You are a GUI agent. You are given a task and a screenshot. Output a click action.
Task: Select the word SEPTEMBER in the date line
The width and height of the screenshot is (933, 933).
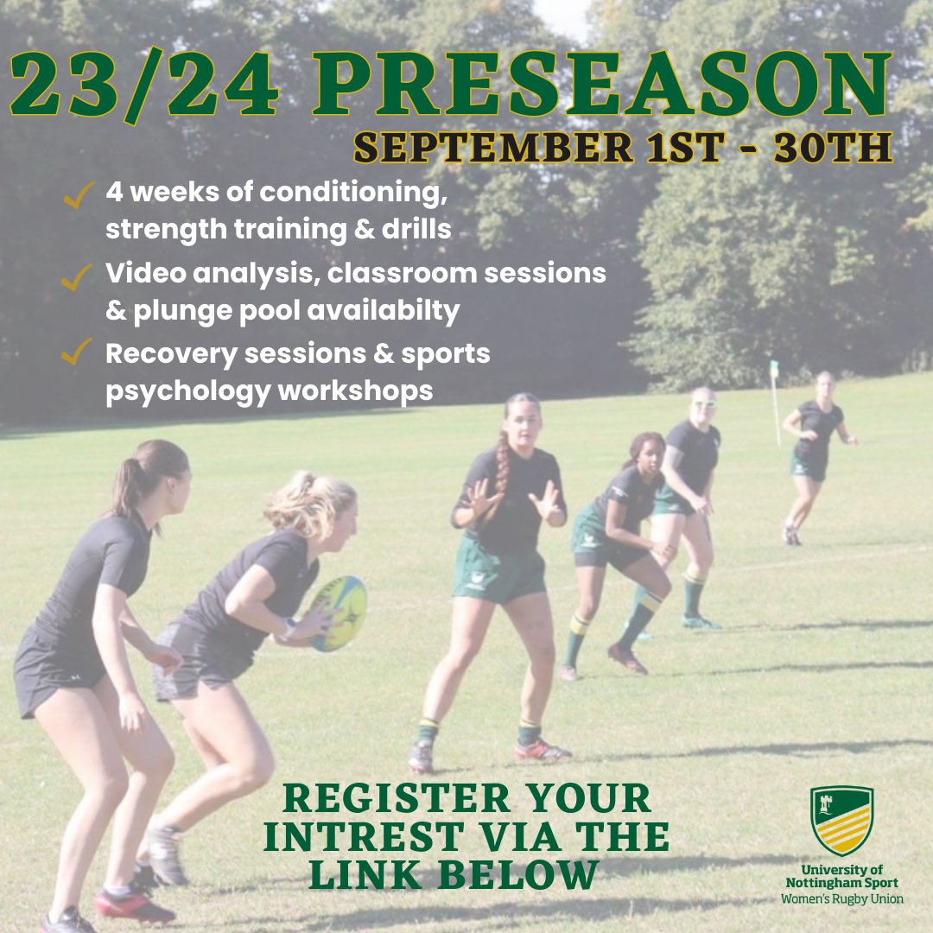click(x=492, y=148)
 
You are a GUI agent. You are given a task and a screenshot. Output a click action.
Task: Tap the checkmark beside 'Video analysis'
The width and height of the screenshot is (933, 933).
click(x=78, y=276)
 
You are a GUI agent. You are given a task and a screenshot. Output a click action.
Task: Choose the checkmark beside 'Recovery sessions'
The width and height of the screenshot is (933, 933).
click(x=78, y=352)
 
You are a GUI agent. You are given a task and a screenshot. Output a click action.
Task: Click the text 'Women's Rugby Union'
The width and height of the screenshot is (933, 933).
click(x=841, y=898)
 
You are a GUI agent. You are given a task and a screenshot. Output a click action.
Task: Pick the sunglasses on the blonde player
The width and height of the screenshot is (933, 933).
click(x=703, y=403)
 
